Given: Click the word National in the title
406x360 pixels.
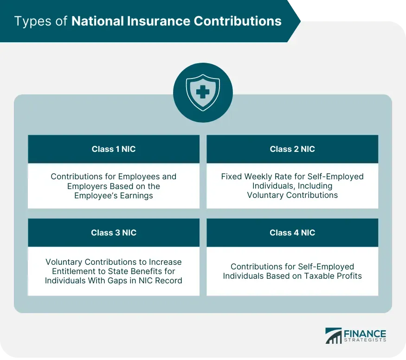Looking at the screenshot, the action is click(97, 21).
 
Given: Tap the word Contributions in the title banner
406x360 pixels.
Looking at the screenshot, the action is click(238, 21).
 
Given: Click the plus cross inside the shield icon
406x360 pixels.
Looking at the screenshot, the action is click(203, 92).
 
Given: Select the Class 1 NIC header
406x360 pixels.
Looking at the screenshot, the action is click(114, 149).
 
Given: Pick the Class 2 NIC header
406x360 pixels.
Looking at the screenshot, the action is click(292, 149).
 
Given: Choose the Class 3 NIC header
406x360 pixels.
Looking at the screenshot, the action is click(114, 232).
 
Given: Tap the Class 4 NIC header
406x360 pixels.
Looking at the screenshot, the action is click(292, 232).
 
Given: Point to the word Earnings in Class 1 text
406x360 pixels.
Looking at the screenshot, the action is click(136, 196).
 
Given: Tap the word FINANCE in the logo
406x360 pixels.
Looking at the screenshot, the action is click(365, 334).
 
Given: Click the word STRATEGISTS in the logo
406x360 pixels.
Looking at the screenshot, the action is click(365, 340).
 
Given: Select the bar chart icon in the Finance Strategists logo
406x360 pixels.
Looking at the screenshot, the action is click(334, 336).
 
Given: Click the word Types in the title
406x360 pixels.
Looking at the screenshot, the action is click(33, 21).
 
